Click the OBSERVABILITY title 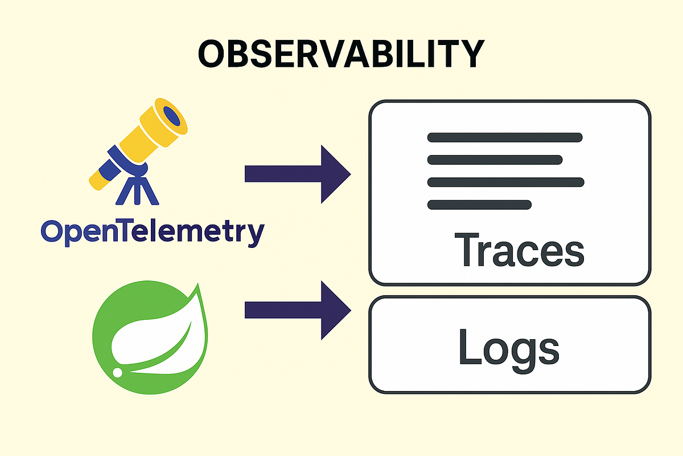(341, 54)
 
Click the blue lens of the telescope (172, 115)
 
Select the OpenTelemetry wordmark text (153, 232)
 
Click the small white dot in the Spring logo (118, 372)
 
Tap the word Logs (508, 346)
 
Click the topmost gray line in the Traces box (504, 137)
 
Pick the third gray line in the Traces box (505, 182)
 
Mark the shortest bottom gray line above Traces (479, 204)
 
